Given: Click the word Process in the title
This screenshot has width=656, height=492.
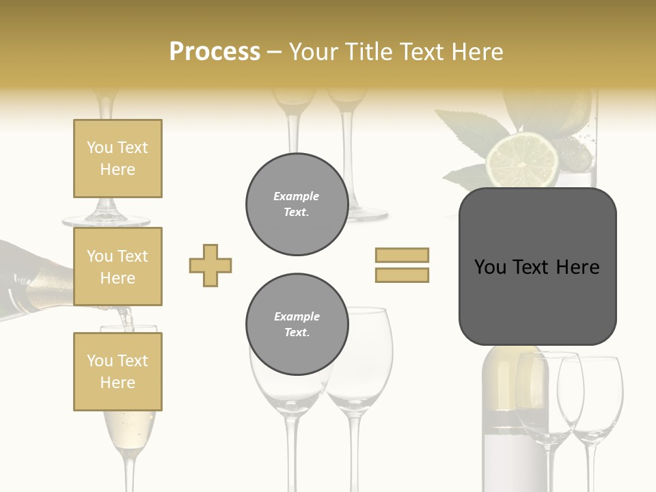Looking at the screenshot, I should (x=215, y=51).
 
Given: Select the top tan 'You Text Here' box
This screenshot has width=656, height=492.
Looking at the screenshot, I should (x=118, y=159).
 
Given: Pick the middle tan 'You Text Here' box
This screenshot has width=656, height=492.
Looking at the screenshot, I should (x=118, y=266).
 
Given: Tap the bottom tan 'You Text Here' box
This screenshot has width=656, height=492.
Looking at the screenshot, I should (x=118, y=371).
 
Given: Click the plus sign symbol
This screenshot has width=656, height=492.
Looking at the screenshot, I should (x=210, y=265).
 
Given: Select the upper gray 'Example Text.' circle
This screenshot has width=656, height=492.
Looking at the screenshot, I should (x=297, y=204).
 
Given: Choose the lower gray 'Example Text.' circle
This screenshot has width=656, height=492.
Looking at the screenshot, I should (x=297, y=324).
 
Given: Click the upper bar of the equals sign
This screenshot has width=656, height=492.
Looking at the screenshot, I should (x=402, y=255).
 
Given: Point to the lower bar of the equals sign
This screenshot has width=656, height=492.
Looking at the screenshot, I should (x=402, y=275).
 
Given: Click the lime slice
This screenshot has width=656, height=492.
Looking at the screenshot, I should (x=521, y=161).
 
